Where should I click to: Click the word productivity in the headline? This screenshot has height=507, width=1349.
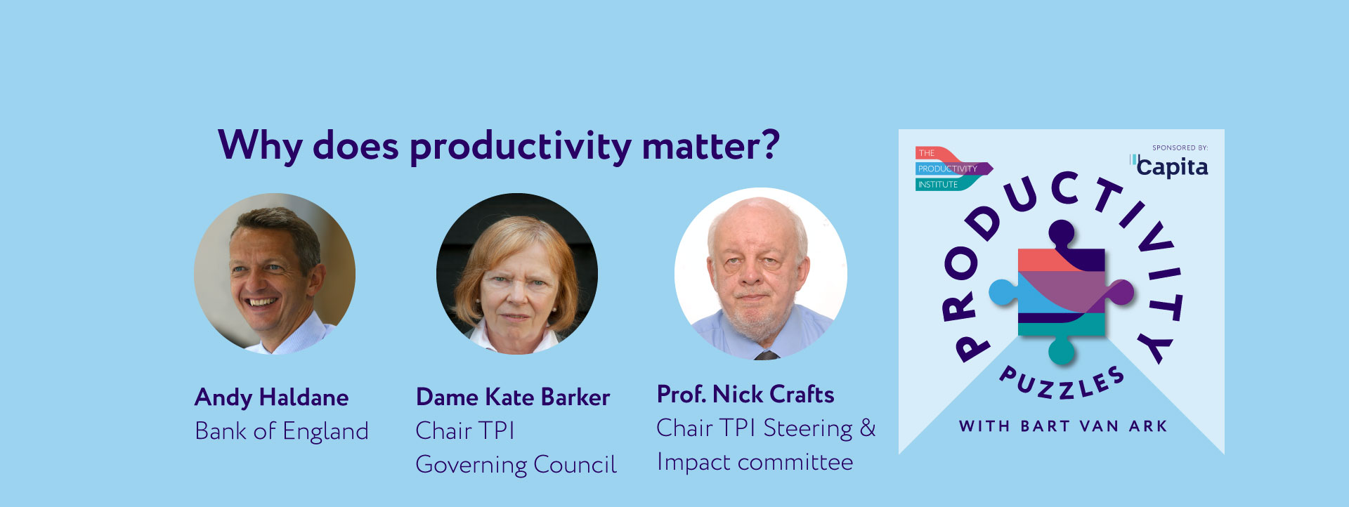(x=520, y=146)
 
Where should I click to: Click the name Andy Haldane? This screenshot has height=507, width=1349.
(x=271, y=397)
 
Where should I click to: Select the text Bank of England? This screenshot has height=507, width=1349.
(x=281, y=431)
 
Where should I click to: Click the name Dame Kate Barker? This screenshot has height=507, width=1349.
(x=512, y=397)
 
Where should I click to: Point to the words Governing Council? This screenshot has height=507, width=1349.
(x=516, y=465)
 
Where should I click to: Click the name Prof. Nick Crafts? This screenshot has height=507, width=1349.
(x=745, y=395)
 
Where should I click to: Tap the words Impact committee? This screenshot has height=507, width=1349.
(x=755, y=462)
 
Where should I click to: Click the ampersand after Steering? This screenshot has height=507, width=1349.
(x=868, y=428)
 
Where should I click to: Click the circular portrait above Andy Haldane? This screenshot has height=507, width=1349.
(x=275, y=274)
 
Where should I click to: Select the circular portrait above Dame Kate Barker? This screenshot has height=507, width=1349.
(x=517, y=274)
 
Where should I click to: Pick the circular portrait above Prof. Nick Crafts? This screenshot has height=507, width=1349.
(x=760, y=274)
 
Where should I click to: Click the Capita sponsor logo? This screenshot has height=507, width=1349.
(x=1171, y=166)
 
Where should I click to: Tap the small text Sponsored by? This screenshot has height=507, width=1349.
(x=1180, y=147)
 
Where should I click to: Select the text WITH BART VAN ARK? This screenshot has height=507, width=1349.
(x=1062, y=426)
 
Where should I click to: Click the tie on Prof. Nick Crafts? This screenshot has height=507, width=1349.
(x=766, y=355)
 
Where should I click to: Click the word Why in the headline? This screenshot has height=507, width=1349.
(x=260, y=146)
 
